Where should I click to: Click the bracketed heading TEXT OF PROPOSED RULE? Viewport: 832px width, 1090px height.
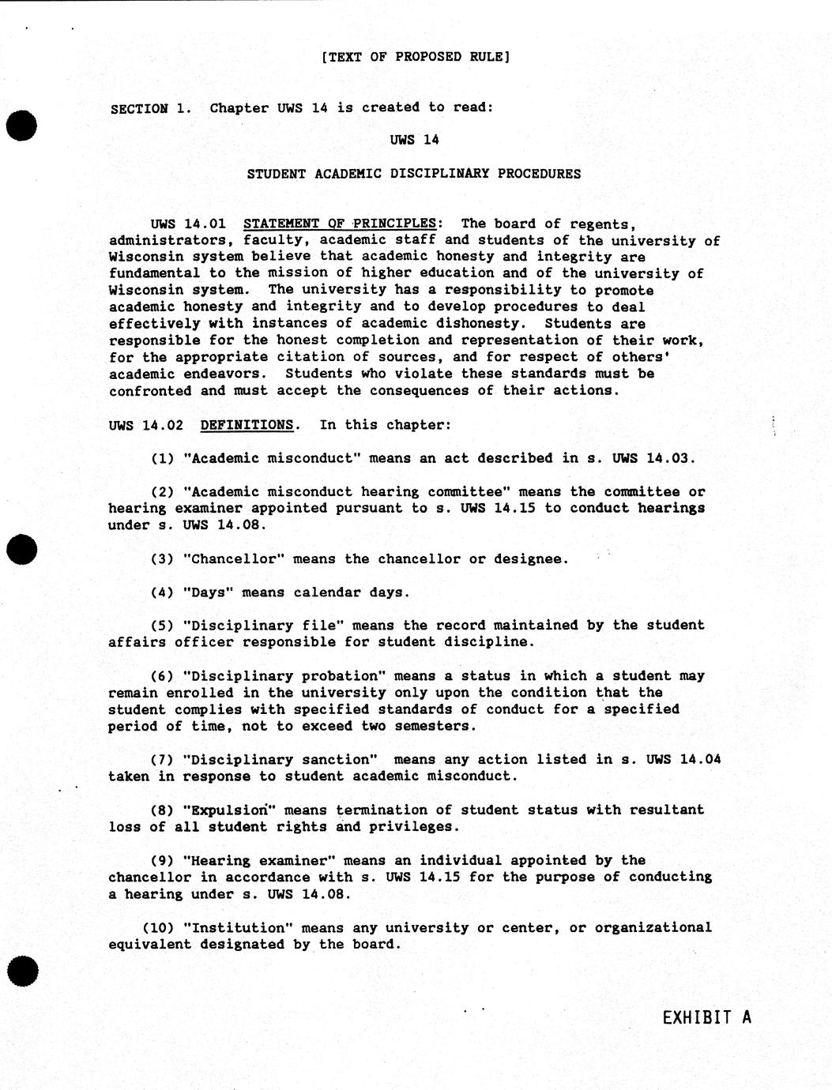coord(416,57)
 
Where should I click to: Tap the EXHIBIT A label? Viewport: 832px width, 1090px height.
coord(706,1017)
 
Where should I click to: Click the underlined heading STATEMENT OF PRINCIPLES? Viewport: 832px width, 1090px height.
coord(340,224)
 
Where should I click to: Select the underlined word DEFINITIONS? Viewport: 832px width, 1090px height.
coord(247,425)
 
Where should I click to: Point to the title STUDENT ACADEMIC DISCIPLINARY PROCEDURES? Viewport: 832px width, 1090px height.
coord(413,174)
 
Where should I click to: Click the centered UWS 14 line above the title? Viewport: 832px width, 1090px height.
coord(414,141)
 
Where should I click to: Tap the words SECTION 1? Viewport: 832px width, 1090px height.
coord(150,108)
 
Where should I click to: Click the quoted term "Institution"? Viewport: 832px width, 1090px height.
coord(238,928)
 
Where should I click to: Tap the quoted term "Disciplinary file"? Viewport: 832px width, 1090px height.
coord(262,626)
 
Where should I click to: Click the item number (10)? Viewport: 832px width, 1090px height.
coord(158,928)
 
